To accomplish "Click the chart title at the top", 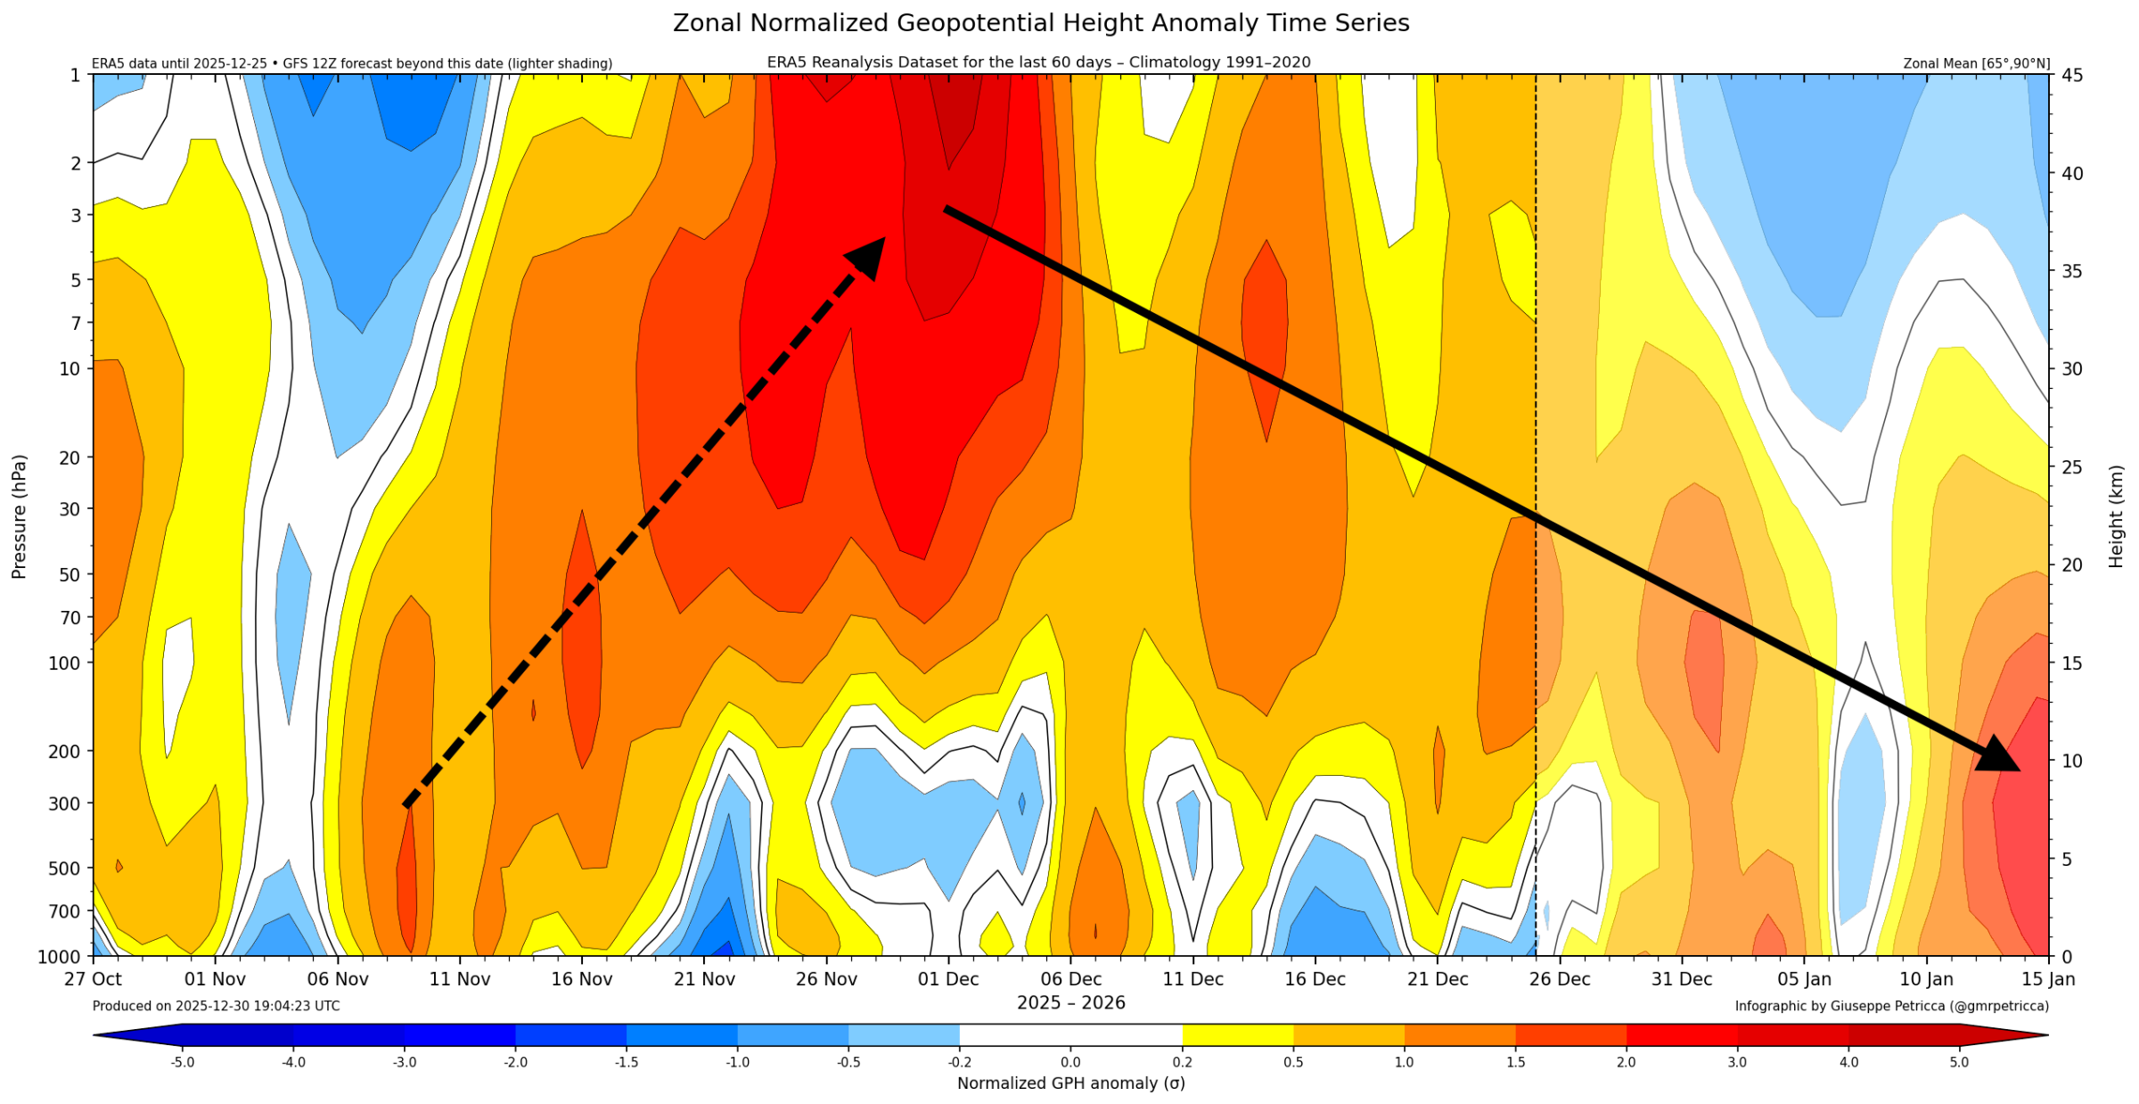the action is coord(1041,23).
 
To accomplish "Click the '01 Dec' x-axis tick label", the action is coord(948,979).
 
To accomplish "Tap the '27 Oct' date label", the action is coord(93,979).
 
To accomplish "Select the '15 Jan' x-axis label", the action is coord(2048,979).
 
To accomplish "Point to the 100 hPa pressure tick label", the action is coord(69,663).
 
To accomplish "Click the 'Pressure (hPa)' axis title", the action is coord(20,516).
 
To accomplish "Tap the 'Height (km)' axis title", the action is coord(2116,516).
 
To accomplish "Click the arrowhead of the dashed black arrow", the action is coord(866,257).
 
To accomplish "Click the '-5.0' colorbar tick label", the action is coord(183,1062).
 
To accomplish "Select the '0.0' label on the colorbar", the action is coord(1070,1062).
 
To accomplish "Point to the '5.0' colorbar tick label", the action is coord(1959,1062).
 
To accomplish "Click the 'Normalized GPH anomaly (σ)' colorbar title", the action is coord(1070,1083).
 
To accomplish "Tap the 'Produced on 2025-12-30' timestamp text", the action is coord(216,1006).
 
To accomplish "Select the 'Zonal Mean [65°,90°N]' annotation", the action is coord(1976,63).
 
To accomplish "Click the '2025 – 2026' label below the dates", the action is coord(1070,1003).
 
